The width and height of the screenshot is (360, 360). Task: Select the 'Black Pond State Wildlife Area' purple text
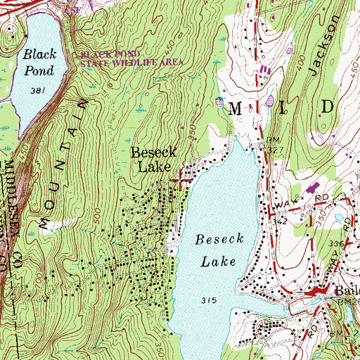132,58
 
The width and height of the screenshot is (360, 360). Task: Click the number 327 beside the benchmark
274,149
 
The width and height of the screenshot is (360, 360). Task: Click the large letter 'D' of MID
327,106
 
